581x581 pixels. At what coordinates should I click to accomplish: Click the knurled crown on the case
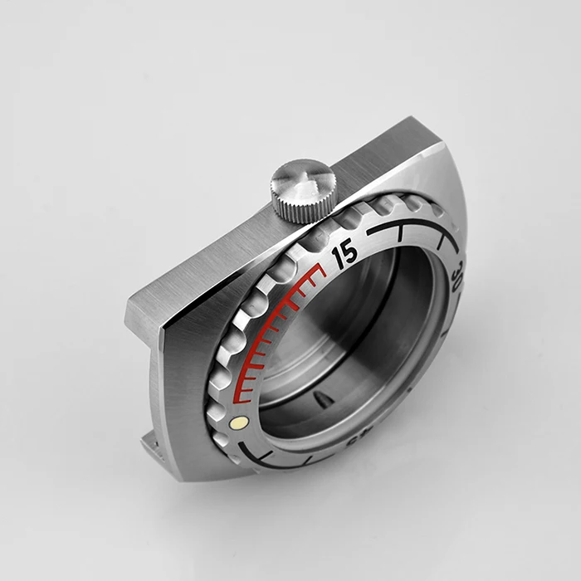point(303,191)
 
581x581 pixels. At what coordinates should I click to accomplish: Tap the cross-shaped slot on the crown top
point(305,176)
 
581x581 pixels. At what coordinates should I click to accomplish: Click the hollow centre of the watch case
point(357,340)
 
